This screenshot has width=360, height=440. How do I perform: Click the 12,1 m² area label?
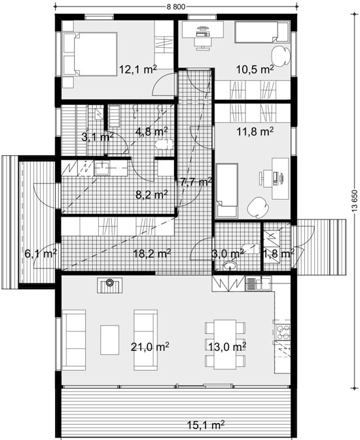137,69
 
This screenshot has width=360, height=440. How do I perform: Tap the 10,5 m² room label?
255,69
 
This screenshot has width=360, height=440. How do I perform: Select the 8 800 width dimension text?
176,7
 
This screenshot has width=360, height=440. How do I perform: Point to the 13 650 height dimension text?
355,202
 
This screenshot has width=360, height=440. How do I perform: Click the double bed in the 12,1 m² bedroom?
90,54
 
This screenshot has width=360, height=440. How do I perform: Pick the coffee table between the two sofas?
110,340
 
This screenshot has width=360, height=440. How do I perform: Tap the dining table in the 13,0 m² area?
225,344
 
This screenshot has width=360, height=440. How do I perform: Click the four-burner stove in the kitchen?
282,332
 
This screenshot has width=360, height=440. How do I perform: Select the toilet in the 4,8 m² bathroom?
163,144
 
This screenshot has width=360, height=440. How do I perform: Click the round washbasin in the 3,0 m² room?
230,266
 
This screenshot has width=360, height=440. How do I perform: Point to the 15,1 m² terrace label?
206,424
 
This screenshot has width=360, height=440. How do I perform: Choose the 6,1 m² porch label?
41,253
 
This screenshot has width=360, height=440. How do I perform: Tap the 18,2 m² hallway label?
152,253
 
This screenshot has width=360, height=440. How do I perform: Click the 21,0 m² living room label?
150,347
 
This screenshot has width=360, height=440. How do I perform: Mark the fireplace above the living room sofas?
110,285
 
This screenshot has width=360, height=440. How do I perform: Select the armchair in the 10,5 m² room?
281,55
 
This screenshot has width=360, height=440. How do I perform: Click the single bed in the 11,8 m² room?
227,191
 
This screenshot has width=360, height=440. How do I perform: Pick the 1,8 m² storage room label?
278,253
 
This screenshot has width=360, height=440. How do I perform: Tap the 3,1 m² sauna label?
98,137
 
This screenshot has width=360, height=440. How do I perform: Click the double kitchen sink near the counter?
259,284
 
